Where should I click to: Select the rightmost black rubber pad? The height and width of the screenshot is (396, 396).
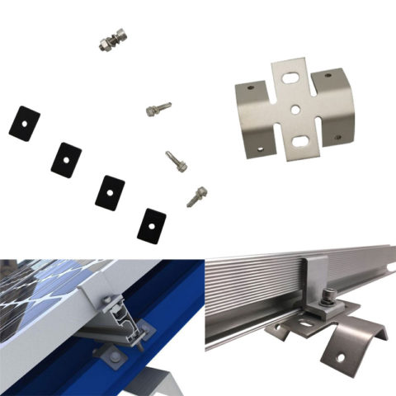click(x=152, y=224)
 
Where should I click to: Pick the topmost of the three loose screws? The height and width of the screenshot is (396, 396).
click(x=158, y=108)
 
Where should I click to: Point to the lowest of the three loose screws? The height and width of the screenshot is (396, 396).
click(x=196, y=196)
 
